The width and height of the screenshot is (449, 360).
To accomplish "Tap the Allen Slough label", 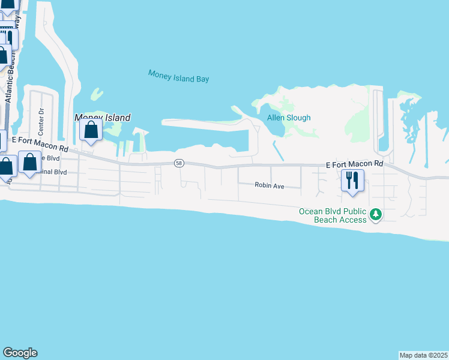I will point(289,118).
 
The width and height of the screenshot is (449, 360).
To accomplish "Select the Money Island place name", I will point(102,118).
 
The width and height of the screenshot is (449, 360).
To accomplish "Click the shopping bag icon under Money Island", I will point(91,130).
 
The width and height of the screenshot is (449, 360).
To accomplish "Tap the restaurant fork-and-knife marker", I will point(352,179).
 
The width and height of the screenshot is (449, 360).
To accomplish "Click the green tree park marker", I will point(376,214).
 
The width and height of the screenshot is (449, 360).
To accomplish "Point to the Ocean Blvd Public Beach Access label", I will point(333,215).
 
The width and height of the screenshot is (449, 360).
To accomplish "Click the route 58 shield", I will point(179,163).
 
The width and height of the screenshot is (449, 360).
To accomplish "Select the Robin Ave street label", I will point(269,186).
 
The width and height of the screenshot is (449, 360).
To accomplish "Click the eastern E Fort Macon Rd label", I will point(354,164).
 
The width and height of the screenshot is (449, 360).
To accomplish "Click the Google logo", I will point(20,353).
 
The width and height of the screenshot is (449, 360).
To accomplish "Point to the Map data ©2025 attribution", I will point(423,355).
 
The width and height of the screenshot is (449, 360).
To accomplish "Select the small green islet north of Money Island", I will point(96,95).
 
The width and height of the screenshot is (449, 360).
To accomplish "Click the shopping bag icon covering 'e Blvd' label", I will point(29,162).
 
